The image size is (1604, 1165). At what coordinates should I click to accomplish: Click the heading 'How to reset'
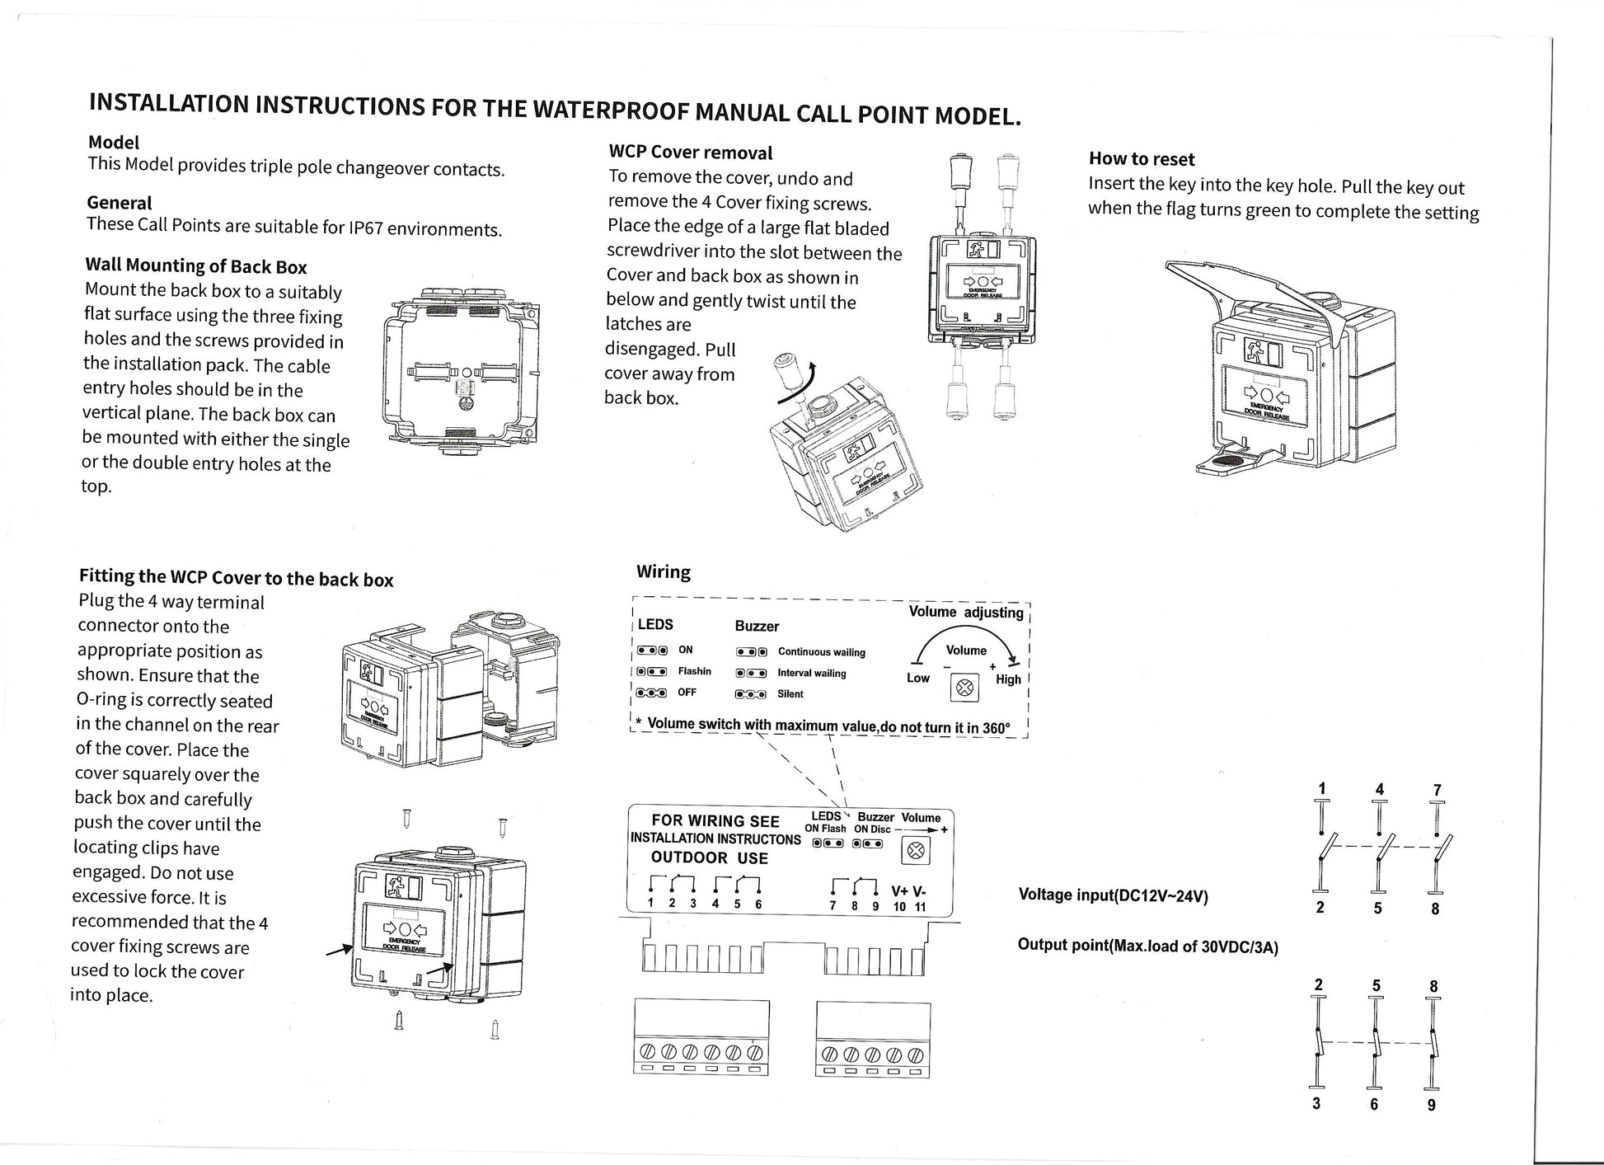tap(1141, 159)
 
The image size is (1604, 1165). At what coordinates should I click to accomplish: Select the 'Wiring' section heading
tap(663, 571)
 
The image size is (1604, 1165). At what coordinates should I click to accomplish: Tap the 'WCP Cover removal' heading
tap(690, 153)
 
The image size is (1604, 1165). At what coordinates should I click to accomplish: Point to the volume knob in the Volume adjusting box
tap(965, 687)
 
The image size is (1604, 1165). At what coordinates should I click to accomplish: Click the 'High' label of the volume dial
tap(1007, 679)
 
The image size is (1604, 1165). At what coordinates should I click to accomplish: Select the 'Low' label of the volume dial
tap(917, 678)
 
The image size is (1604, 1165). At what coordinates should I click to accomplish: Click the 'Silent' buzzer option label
tap(790, 694)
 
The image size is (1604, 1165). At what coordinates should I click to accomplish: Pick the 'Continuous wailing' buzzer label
tap(821, 652)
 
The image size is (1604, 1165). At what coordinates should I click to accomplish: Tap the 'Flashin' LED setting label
tap(694, 671)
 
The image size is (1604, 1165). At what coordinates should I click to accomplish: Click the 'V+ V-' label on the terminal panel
tap(908, 891)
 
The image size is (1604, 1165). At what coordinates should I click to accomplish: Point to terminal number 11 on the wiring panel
tap(920, 907)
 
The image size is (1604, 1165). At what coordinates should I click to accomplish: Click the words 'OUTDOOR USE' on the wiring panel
tap(709, 858)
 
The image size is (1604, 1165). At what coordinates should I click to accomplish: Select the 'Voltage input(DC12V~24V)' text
tap(1113, 895)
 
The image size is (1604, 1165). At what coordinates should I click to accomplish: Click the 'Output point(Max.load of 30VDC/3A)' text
tap(1147, 946)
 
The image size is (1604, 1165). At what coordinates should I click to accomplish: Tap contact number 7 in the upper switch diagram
tap(1437, 791)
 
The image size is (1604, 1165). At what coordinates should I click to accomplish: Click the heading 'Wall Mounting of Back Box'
tap(196, 265)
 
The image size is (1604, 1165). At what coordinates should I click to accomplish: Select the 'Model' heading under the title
tap(114, 142)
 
